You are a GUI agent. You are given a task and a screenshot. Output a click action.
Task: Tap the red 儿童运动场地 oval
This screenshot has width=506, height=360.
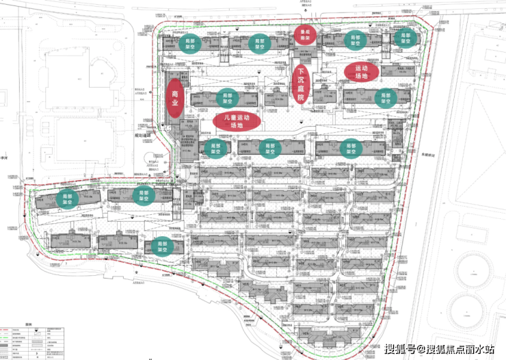pyautogui.click(x=237, y=121)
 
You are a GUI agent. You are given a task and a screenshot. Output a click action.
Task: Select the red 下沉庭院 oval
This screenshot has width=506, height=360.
pyautogui.click(x=300, y=85)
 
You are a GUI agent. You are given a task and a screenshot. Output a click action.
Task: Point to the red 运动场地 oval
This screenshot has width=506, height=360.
pyautogui.click(x=361, y=72)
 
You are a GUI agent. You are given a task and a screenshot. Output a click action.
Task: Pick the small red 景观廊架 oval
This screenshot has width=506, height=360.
pyautogui.click(x=304, y=34)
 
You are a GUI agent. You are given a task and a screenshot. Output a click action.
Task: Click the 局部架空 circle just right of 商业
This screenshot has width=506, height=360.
pyautogui.click(x=228, y=99)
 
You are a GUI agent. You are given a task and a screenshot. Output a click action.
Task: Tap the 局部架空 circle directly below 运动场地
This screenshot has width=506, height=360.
pyautogui.click(x=385, y=99)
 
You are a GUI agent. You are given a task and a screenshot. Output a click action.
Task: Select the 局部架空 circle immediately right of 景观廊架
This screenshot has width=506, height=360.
pyautogui.click(x=355, y=39)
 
